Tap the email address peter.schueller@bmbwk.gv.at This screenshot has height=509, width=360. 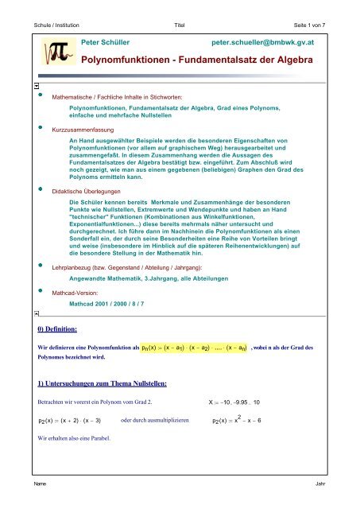click(269, 39)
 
